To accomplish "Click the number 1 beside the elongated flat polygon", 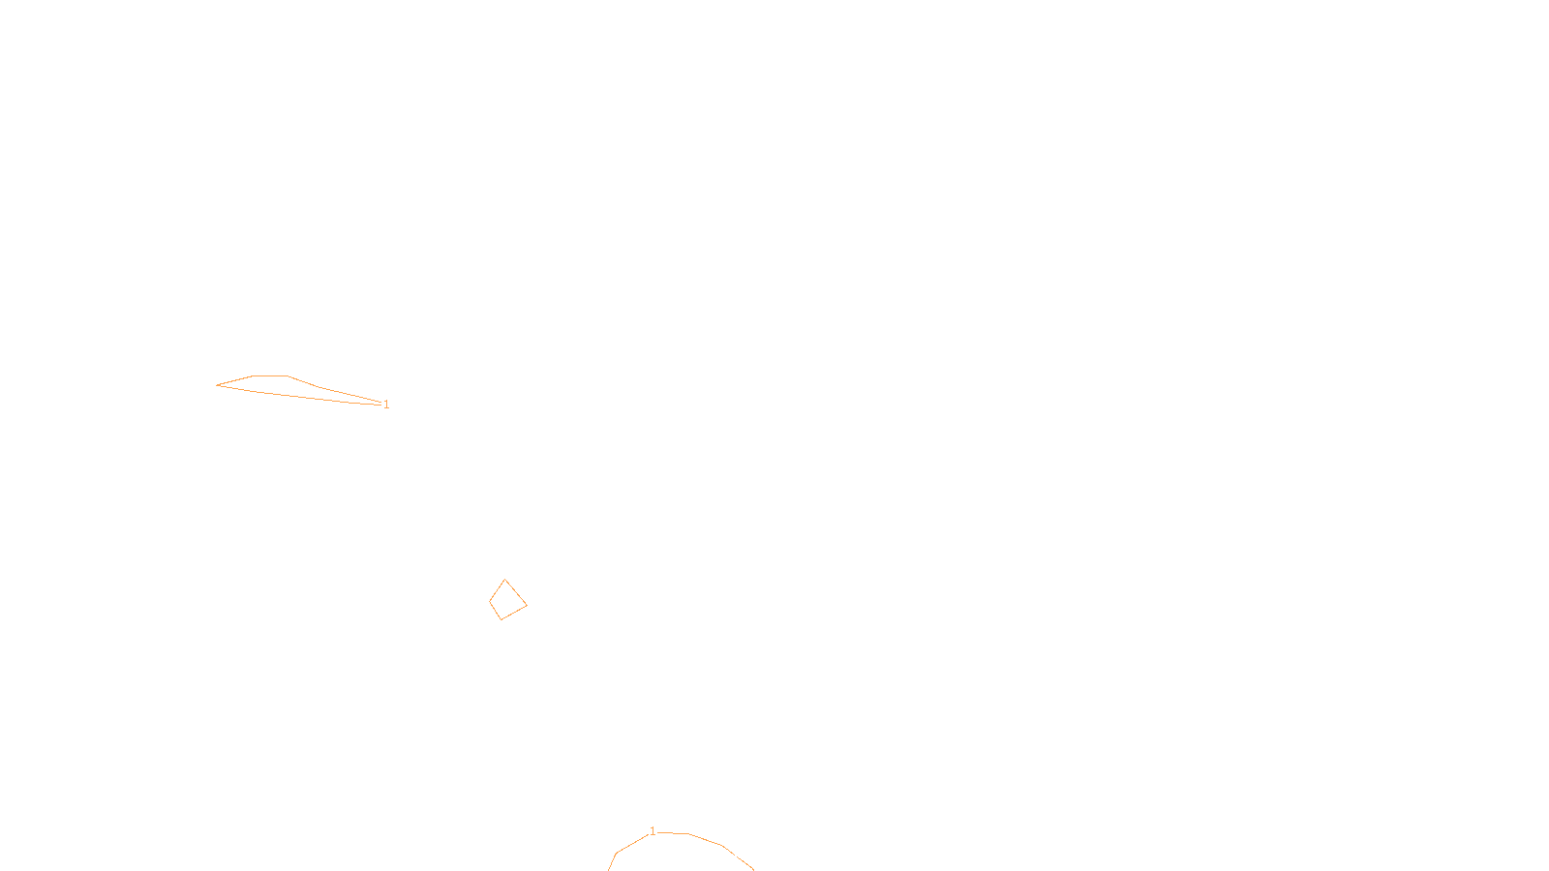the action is pyautogui.click(x=386, y=405).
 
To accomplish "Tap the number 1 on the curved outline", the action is pyautogui.click(x=653, y=831).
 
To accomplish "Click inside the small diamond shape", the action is pyautogui.click(x=507, y=600).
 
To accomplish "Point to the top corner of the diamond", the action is pyautogui.click(x=504, y=580).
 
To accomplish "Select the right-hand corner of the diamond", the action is pyautogui.click(x=527, y=606).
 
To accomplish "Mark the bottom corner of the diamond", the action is pyautogui.click(x=501, y=619).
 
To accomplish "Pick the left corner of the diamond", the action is pyautogui.click(x=490, y=601).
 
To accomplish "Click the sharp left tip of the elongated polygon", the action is pyautogui.click(x=217, y=385).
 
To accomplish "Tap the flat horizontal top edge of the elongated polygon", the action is pyautogui.click(x=270, y=376).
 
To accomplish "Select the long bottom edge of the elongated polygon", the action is pyautogui.click(x=299, y=396).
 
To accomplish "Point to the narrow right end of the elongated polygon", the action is pyautogui.click(x=381, y=403).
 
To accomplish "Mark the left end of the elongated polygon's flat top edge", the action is pyautogui.click(x=253, y=376).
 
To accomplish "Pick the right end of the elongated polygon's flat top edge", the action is pyautogui.click(x=287, y=376).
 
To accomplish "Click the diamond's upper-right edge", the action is pyautogui.click(x=516, y=592).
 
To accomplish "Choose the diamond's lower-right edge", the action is pyautogui.click(x=514, y=613).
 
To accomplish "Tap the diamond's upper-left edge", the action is pyautogui.click(x=498, y=590).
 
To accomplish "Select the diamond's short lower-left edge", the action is pyautogui.click(x=495, y=611).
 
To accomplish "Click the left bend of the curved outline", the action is pyautogui.click(x=616, y=853).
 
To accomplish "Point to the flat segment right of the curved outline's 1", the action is pyautogui.click(x=672, y=833).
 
